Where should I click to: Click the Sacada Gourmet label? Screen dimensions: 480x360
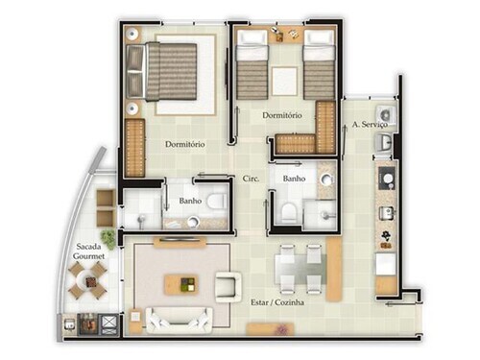(88, 252)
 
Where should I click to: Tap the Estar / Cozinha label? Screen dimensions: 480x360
(277, 302)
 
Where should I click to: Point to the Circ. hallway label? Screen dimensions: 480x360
(251, 179)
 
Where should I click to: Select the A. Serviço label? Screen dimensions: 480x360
(370, 124)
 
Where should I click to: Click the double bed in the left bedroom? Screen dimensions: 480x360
(161, 72)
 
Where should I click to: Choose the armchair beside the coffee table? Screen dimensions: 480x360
(228, 287)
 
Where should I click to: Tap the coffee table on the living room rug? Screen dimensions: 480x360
(181, 284)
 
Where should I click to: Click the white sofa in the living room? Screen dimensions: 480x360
(179, 321)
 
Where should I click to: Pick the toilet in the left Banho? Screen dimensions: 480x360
(216, 202)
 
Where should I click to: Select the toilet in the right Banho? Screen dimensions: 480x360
(289, 212)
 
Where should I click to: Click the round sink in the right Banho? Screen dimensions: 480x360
(326, 180)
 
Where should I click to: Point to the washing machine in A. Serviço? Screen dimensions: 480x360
(386, 114)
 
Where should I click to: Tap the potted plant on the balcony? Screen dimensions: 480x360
(108, 238)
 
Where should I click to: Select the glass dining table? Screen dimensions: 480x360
(300, 270)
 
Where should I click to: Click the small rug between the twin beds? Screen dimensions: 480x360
(284, 82)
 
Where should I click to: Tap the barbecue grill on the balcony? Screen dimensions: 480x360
(87, 324)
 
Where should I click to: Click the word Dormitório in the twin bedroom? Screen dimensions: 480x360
(282, 115)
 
